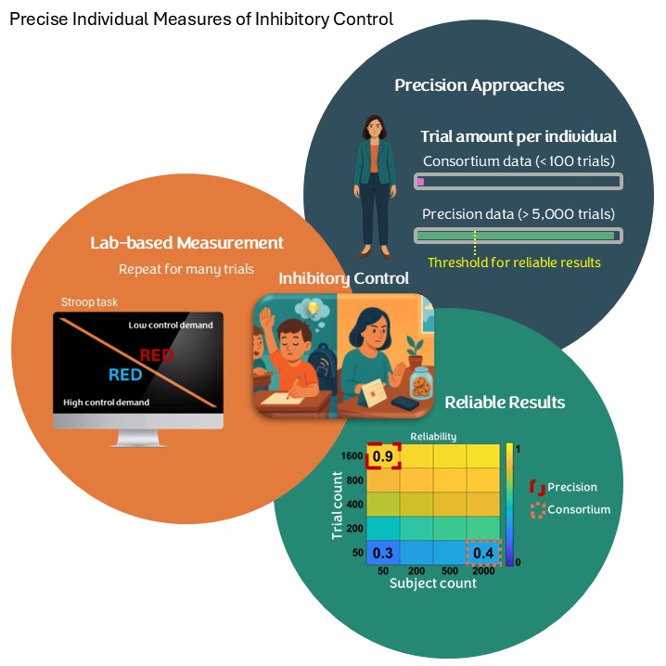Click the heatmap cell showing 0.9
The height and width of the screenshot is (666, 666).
click(383, 456)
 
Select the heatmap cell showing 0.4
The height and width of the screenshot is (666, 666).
click(483, 553)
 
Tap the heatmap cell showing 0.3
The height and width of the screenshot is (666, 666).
click(383, 553)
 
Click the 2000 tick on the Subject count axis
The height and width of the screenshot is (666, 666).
click(483, 571)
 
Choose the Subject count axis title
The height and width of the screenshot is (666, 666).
click(433, 583)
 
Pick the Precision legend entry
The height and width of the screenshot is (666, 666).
click(571, 487)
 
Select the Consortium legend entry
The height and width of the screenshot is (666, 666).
click(578, 509)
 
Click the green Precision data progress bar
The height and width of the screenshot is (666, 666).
click(518, 236)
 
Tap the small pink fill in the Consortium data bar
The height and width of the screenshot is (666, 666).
click(421, 182)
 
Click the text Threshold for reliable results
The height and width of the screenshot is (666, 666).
click(514, 263)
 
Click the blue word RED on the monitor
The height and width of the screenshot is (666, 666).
click(125, 375)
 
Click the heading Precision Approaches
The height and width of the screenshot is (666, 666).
click(479, 85)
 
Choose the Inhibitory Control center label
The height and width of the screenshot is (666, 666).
click(344, 278)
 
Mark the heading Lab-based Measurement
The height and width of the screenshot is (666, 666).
click(186, 243)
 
